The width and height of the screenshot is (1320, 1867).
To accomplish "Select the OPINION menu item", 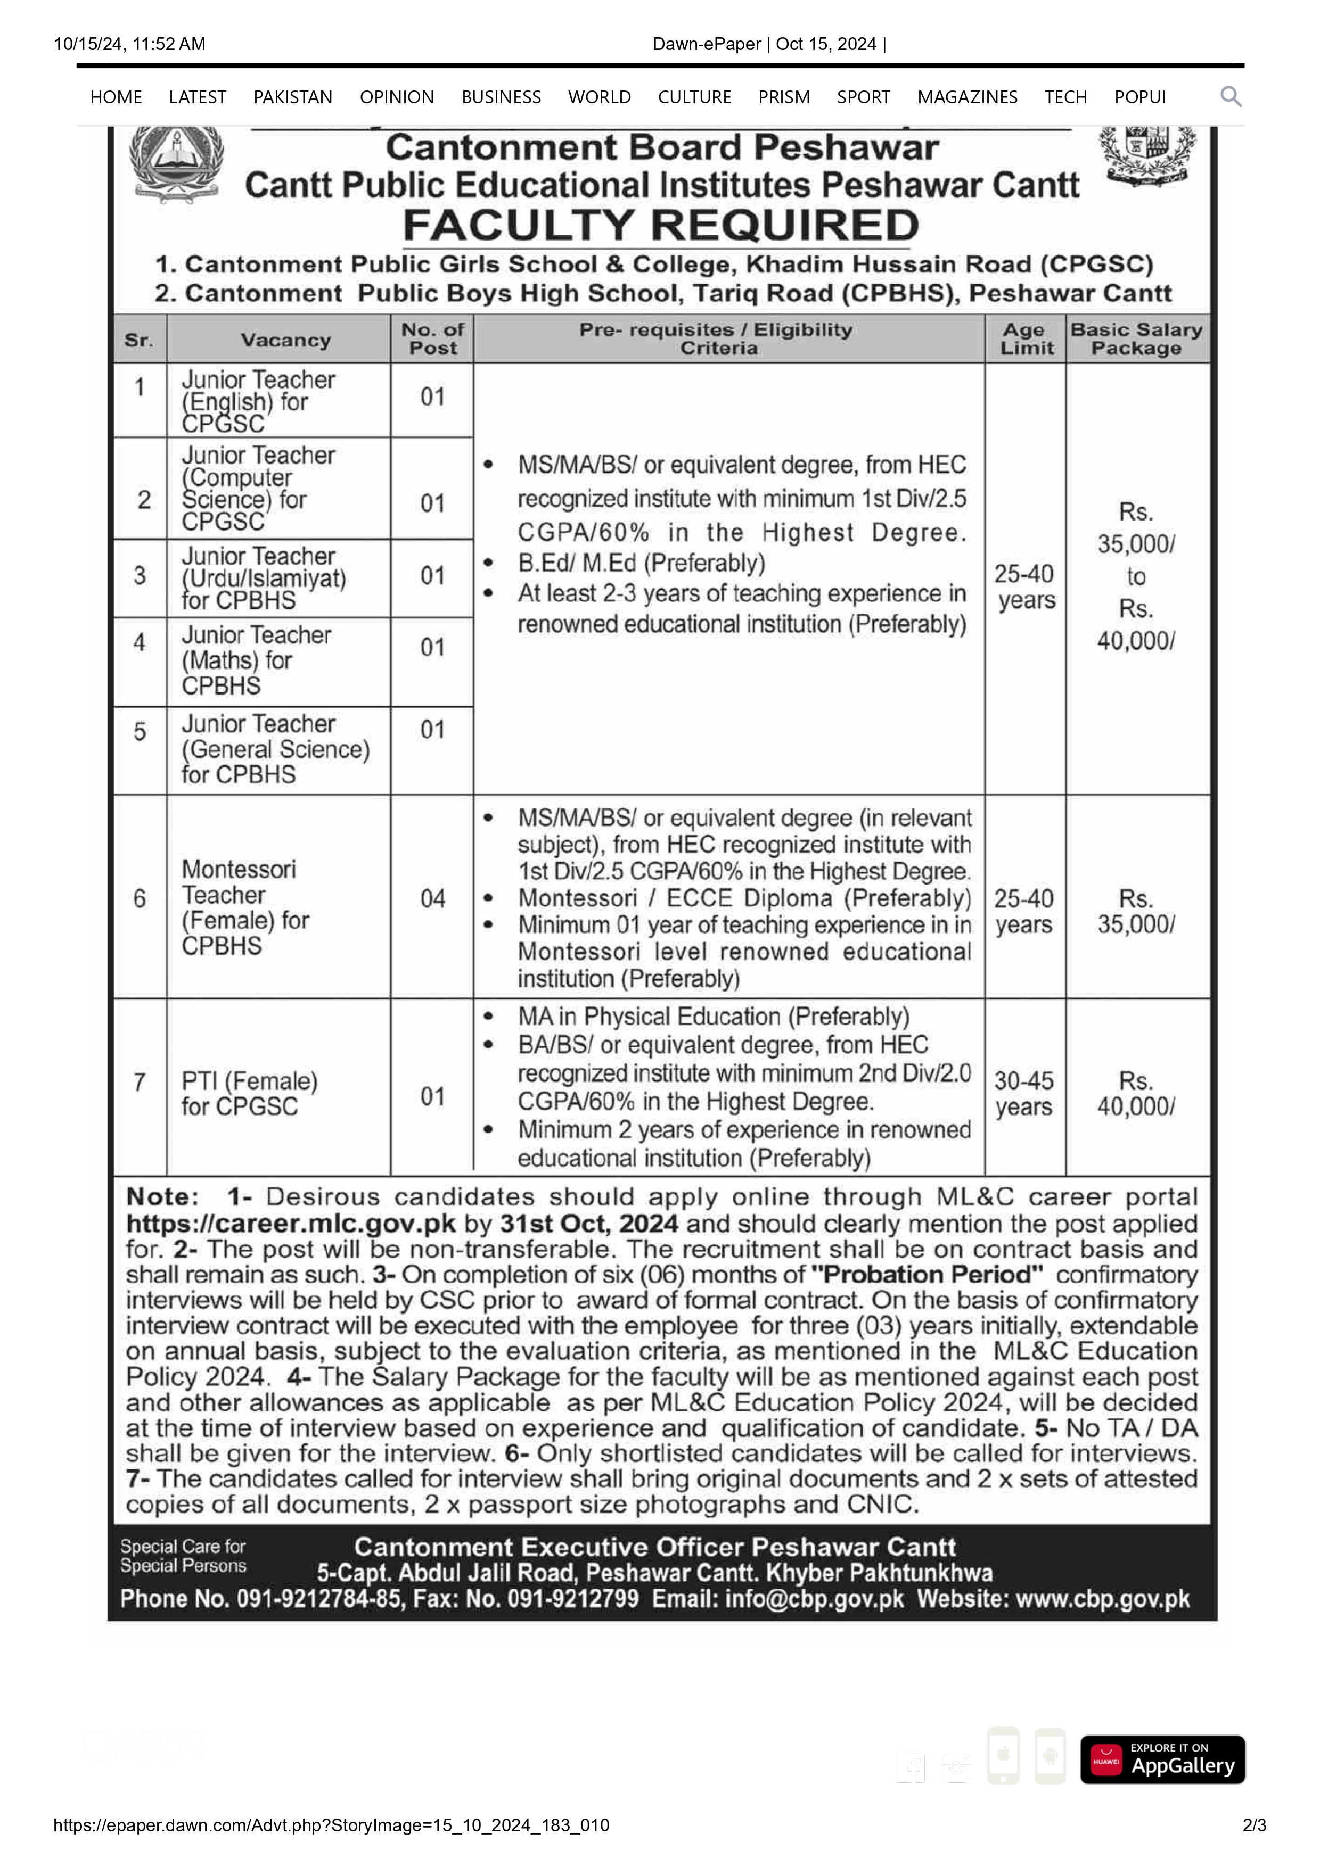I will point(397,97).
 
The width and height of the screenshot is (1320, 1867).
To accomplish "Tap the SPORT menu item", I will point(863,97).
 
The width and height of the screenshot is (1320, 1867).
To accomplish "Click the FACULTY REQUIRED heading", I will point(660,225).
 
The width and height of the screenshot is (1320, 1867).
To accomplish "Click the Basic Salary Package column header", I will point(1136,339).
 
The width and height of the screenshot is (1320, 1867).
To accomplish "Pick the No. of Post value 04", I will point(432,898).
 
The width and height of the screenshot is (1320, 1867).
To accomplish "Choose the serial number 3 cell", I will point(140,576).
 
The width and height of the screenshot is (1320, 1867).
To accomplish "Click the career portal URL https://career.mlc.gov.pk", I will point(290,1224).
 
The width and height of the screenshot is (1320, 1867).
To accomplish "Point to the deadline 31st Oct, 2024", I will point(589,1224).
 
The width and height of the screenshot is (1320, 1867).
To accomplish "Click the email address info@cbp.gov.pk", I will point(814,1599).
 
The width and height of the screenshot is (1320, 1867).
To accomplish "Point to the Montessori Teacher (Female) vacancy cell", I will point(245,907).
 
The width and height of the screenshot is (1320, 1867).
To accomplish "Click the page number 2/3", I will point(1253,1825).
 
